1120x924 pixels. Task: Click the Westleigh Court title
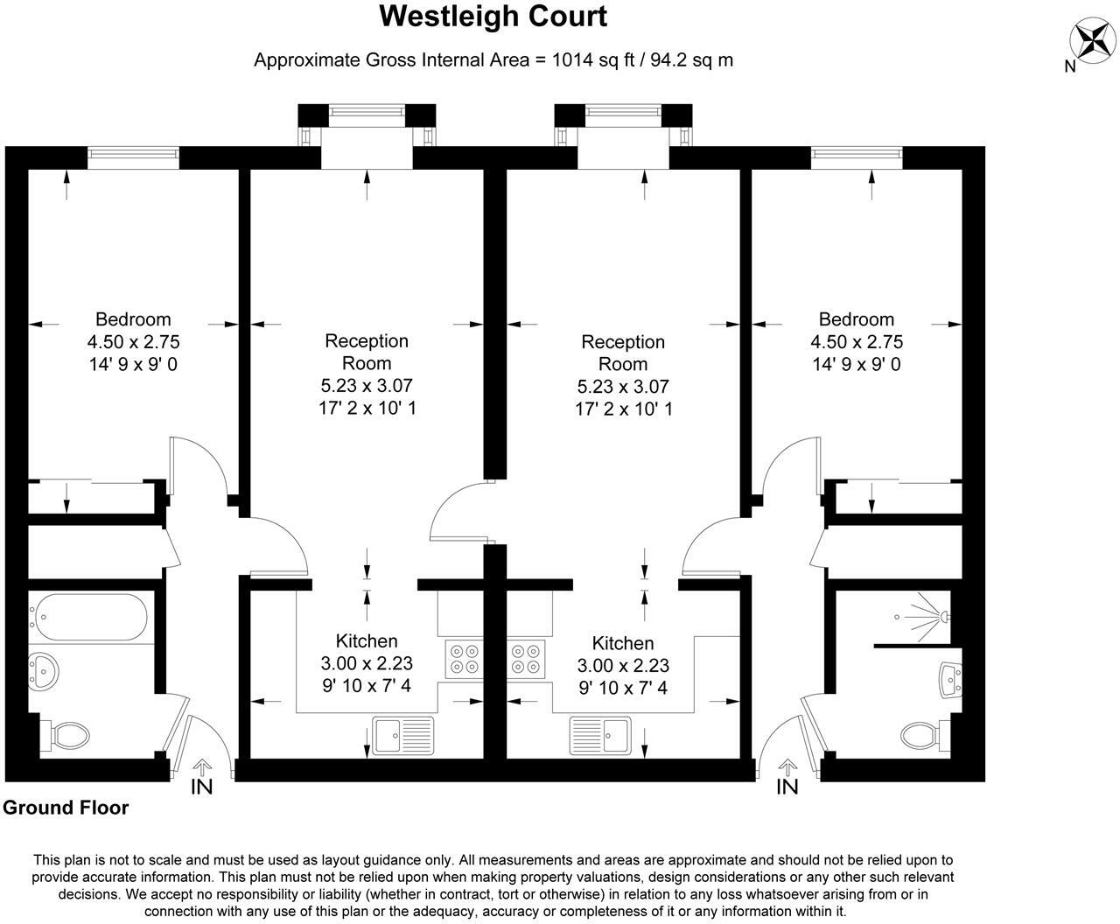point(493,16)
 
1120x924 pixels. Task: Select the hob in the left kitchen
point(463,659)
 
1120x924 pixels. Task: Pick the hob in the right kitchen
point(528,659)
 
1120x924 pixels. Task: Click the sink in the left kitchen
point(402,735)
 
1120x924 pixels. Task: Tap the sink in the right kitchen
point(600,735)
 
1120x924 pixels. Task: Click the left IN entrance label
point(201,787)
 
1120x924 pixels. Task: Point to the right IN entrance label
point(787,787)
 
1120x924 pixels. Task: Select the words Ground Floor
point(66,808)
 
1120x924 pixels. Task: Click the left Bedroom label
point(133,319)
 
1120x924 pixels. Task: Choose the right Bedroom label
point(856,319)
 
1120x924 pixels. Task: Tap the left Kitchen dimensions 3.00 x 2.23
point(367,664)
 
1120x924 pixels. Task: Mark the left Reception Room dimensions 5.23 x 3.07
point(367,385)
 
